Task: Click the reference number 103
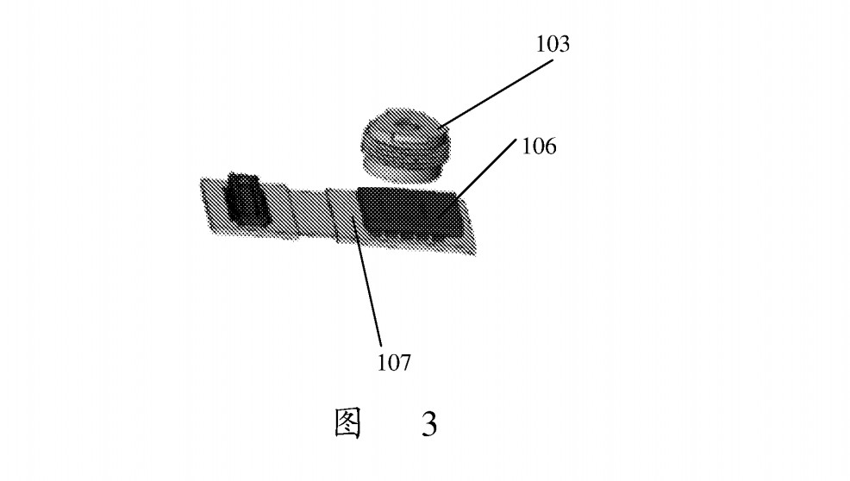pos(553,44)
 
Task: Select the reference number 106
pos(539,147)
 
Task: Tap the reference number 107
pos(394,362)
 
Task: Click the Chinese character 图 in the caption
pos(347,423)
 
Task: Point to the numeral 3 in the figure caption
pos(428,424)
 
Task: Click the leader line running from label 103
pos(497,94)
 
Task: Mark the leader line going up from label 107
pos(367,280)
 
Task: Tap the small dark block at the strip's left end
pos(247,199)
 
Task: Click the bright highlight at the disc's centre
pos(403,130)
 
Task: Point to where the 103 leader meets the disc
pos(441,130)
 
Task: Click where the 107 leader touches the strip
pos(353,216)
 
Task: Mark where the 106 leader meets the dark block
pos(456,197)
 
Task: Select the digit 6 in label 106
pos(550,147)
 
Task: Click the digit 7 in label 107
pos(405,362)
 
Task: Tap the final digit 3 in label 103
pos(564,44)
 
